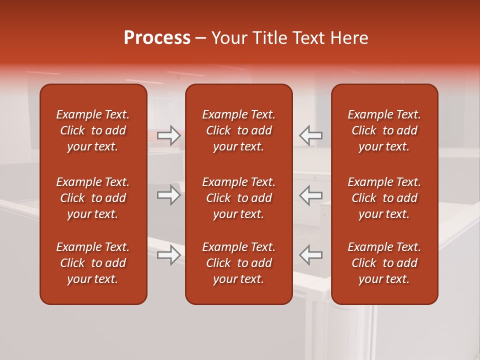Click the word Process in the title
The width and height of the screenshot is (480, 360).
[157, 38]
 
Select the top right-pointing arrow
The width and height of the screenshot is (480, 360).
[169, 135]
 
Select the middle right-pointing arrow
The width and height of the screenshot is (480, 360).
[169, 195]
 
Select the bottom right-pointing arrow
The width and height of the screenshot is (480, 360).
[169, 255]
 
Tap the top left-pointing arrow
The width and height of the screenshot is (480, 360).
[310, 135]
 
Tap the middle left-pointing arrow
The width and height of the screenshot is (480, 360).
[310, 195]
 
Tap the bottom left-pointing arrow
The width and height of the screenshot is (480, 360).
[310, 255]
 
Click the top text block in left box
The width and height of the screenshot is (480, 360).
[93, 130]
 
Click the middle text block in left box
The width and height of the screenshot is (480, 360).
[93, 198]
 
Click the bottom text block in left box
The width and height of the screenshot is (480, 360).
[93, 263]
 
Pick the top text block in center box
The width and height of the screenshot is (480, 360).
[238, 130]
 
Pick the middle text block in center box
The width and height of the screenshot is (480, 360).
[238, 198]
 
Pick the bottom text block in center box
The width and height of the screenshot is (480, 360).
[238, 263]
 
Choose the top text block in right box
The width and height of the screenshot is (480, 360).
[384, 130]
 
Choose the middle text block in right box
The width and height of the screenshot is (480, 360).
[384, 198]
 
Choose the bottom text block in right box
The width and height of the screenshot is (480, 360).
[384, 263]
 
